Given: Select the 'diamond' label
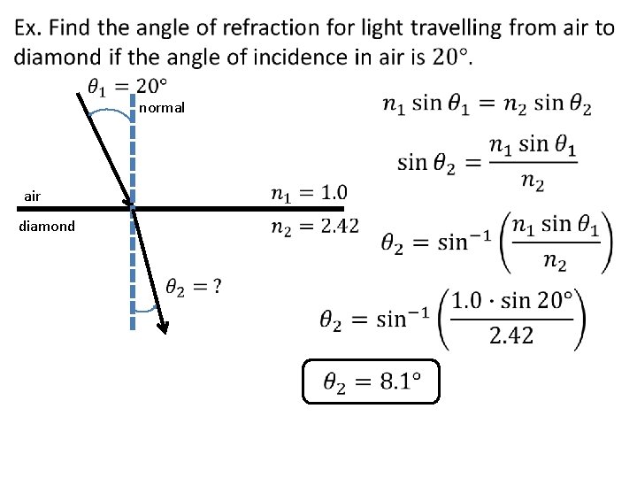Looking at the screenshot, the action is pyautogui.click(x=47, y=226).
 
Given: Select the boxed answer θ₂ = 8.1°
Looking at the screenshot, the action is pyautogui.click(x=371, y=382).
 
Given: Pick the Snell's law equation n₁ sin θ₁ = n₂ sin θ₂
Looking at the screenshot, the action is pyautogui.click(x=487, y=104).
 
